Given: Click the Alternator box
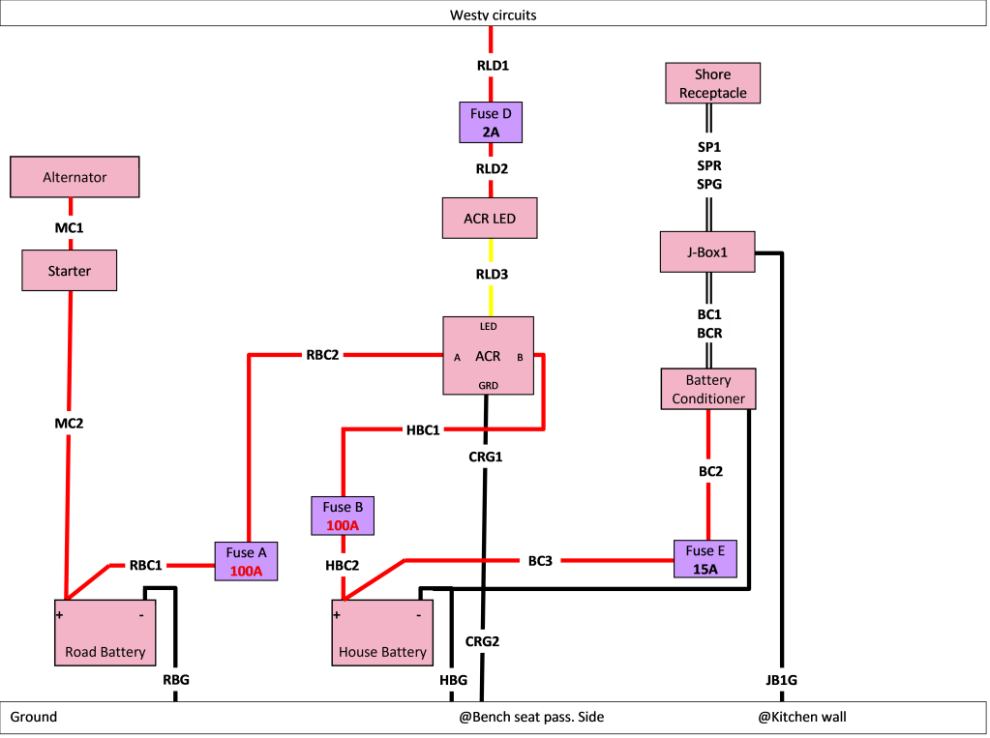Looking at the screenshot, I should point(75,178).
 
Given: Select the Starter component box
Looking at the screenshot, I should point(70,271).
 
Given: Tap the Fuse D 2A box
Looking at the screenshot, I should point(491,122).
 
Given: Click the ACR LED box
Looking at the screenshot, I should point(490,219).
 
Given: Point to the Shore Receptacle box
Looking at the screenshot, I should point(712,84).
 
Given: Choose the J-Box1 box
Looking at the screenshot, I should point(707,252).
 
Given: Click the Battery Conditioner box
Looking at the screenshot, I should point(707,389).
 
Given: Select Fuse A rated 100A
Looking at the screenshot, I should point(246,562).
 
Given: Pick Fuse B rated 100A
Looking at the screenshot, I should point(343,516).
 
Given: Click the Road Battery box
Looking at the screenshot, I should point(105,633).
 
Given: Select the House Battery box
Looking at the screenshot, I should point(382,633).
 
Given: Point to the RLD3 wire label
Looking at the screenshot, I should point(491,275).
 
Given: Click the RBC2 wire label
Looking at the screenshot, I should point(322,355).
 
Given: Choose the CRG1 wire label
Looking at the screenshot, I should point(484,456).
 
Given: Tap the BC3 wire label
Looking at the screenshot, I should point(540,560).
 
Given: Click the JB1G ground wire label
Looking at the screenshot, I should point(781,680).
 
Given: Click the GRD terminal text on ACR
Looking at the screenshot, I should point(489,386).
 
